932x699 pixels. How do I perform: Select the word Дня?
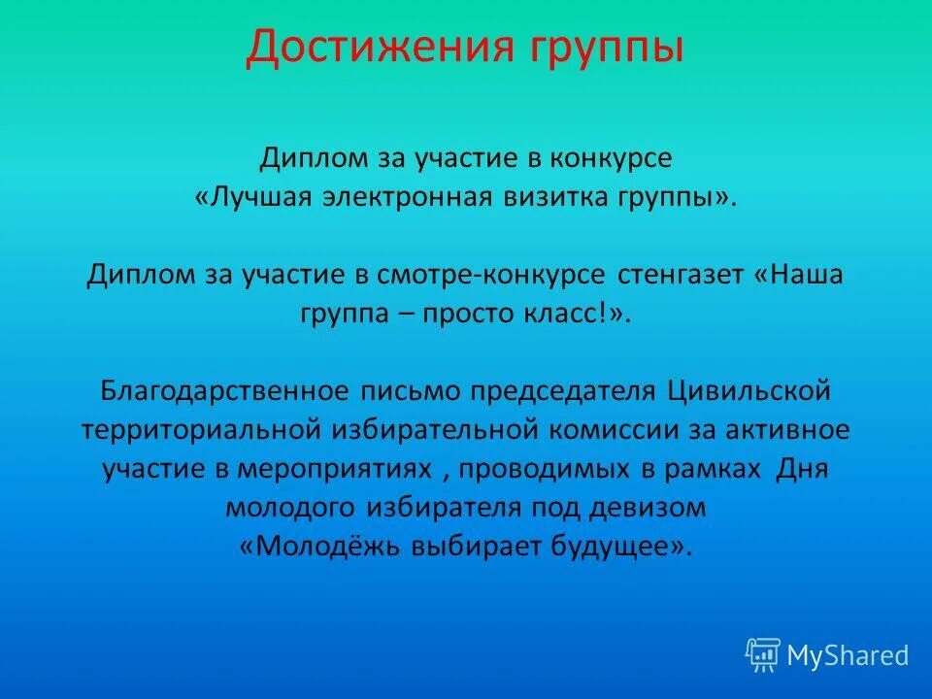click(x=802, y=469)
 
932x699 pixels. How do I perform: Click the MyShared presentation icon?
click(x=763, y=654)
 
